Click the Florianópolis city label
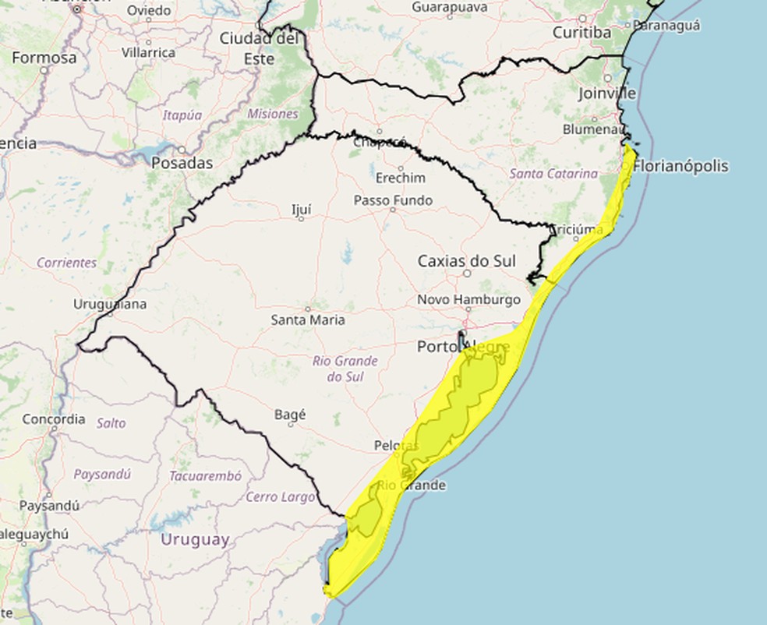[681, 166]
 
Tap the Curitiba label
[581, 32]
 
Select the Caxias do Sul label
[466, 261]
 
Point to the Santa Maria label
[308, 320]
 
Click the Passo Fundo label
[393, 200]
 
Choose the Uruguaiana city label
[109, 304]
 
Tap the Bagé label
[290, 415]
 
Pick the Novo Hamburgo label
[468, 299]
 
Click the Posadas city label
[181, 164]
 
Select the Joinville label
[607, 94]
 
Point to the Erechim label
[401, 178]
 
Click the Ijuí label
[301, 209]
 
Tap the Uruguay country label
[195, 539]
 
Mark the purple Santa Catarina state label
[554, 174]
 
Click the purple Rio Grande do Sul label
[345, 369]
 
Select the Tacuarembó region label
[205, 475]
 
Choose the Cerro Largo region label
[281, 496]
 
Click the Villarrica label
[148, 52]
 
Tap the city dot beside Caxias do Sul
[467, 274]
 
